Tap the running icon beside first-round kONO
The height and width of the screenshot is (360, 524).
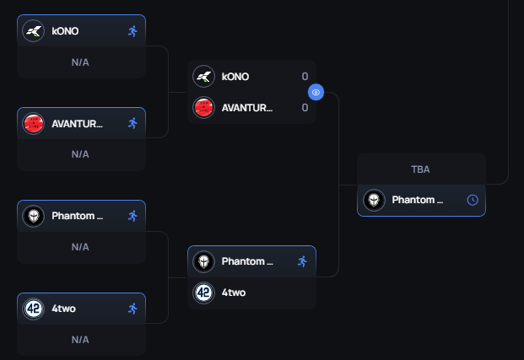[x=132, y=31]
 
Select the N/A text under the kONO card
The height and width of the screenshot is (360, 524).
[x=80, y=62]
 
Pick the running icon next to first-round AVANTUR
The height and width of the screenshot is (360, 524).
[x=132, y=123]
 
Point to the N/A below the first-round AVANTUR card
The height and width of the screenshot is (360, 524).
[x=80, y=154]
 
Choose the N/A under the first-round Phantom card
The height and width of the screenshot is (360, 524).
[x=80, y=247]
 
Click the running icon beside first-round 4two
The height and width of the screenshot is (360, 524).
[x=132, y=309]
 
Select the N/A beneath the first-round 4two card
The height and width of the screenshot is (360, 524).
[x=80, y=339]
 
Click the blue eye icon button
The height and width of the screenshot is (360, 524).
[x=316, y=92]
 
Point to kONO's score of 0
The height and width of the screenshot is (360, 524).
[x=305, y=77]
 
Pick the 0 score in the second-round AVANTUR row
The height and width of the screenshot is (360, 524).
[x=305, y=108]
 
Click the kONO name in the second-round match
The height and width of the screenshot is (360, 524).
[x=235, y=77]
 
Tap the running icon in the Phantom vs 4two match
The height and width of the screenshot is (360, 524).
[x=302, y=261]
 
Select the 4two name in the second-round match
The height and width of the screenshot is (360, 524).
[x=233, y=293]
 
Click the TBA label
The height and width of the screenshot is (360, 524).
[x=420, y=169]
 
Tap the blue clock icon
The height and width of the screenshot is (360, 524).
[x=473, y=201]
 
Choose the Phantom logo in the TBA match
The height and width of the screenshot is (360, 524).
[x=373, y=201]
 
